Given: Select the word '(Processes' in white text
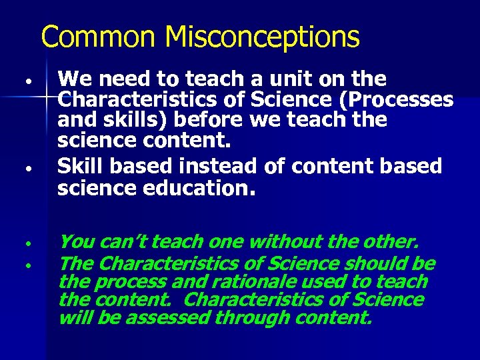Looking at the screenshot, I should point(404,101).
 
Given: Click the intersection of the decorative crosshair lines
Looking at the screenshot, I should point(46,98).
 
